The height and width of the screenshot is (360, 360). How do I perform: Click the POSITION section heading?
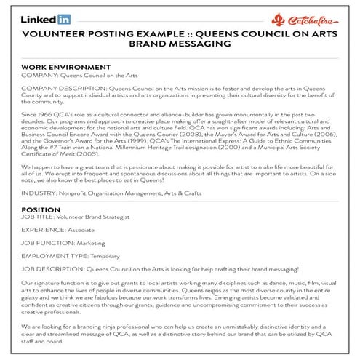(x=41, y=209)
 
